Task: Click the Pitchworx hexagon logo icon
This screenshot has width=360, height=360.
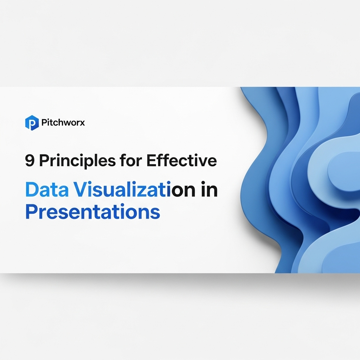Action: pos(32,123)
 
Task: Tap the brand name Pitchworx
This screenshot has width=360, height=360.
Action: pos(63,123)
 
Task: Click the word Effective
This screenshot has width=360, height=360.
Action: pos(181,161)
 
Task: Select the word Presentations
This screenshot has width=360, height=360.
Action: pos(92,212)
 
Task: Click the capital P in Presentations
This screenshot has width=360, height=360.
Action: pos(31,212)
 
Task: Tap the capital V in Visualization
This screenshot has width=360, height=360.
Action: pos(80,190)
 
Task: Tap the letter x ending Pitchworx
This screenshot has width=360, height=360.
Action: pos(82,123)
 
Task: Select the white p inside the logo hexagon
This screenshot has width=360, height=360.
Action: pos(32,124)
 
